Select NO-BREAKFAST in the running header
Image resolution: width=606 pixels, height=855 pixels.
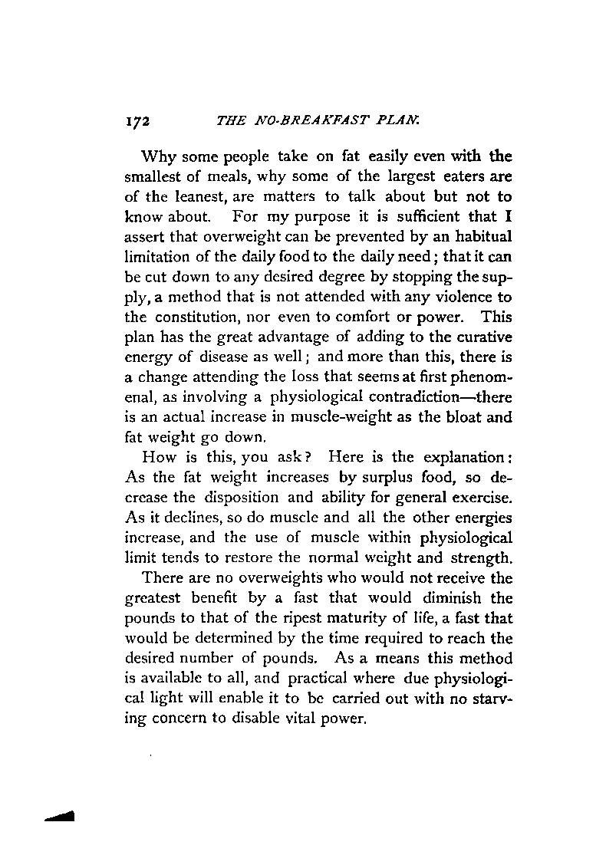(x=304, y=120)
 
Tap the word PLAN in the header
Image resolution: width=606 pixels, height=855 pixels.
(x=376, y=120)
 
